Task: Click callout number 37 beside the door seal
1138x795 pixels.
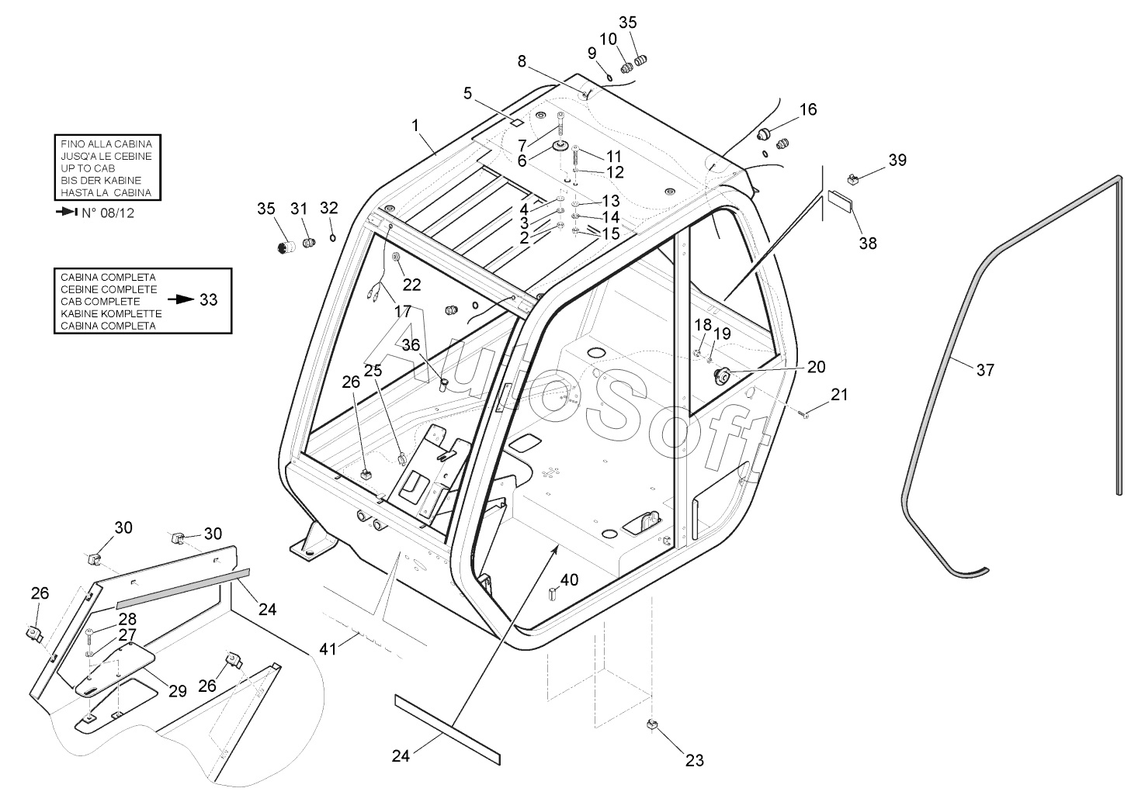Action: [x=985, y=370]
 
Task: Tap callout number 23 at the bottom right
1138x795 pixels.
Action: [x=695, y=760]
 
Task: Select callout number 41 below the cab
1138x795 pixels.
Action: [x=328, y=648]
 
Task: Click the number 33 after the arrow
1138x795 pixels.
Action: [x=208, y=299]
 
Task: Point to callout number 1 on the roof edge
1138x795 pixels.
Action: [x=415, y=126]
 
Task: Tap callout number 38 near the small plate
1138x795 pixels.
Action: [x=868, y=244]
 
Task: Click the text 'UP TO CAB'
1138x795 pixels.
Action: [x=88, y=168]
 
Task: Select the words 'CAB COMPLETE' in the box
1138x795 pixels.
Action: [x=100, y=302]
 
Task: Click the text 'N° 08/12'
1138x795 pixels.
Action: [x=108, y=213]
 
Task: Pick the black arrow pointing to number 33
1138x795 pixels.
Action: [x=181, y=299]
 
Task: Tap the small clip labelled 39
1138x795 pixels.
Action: [x=853, y=178]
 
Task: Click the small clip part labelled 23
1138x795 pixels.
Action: [x=652, y=724]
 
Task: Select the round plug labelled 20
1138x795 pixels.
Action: [x=722, y=375]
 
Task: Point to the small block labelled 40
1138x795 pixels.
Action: [x=553, y=593]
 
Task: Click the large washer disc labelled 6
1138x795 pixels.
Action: [x=562, y=147]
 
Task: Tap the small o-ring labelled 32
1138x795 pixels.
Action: [x=333, y=237]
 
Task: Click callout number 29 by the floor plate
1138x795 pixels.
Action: [x=177, y=691]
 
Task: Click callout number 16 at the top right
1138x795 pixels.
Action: [x=808, y=109]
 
